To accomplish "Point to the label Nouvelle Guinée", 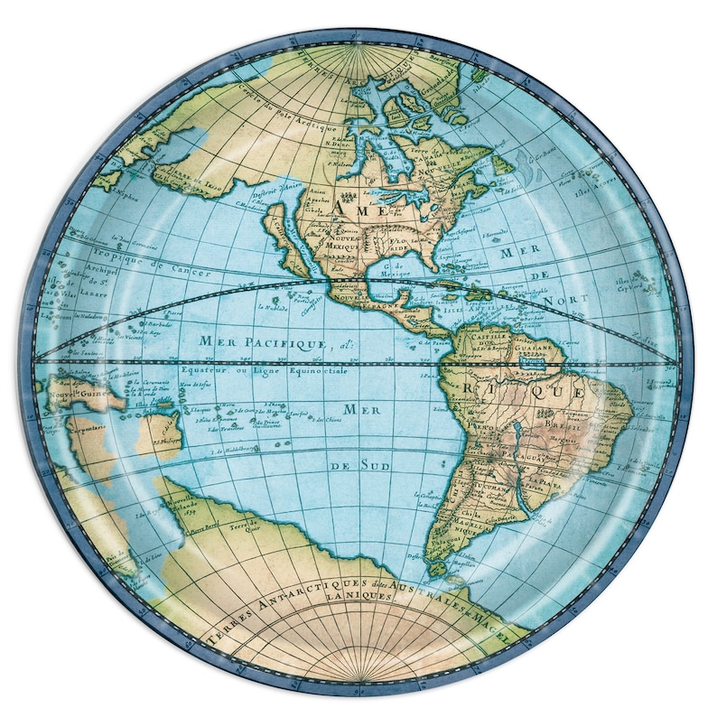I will click(x=75, y=393).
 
